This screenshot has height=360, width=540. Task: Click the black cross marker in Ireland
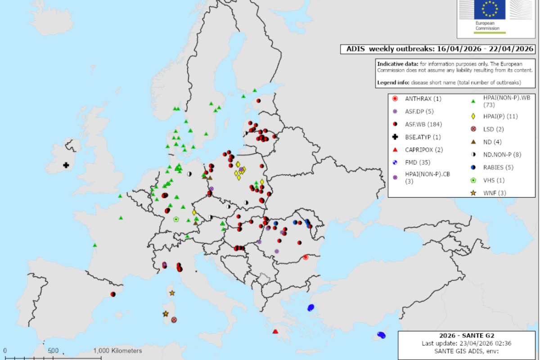coord(66,165)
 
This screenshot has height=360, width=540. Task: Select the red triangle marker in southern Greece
coord(275,332)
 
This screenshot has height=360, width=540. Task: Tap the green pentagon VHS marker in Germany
coord(176,220)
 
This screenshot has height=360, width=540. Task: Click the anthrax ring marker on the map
coord(306,257)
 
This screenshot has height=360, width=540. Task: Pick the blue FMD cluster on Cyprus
coord(381,335)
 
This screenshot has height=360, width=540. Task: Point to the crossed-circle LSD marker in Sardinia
coord(174,319)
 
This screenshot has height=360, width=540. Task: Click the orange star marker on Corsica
coord(172,293)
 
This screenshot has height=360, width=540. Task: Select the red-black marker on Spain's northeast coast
coord(113,294)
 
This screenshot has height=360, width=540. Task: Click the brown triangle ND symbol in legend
coord(473,142)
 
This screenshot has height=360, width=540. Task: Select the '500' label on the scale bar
coord(53,351)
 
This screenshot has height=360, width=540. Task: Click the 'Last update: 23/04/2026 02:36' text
coord(466,343)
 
